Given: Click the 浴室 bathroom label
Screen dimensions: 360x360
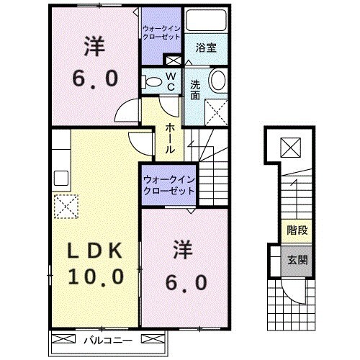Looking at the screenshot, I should (207, 48).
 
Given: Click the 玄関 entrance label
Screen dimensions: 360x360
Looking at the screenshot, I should (294, 259).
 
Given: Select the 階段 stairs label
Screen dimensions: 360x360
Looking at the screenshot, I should (294, 232).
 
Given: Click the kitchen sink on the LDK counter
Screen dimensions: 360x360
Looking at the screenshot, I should (60, 176).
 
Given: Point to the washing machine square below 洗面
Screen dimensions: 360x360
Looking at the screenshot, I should (215, 112).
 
